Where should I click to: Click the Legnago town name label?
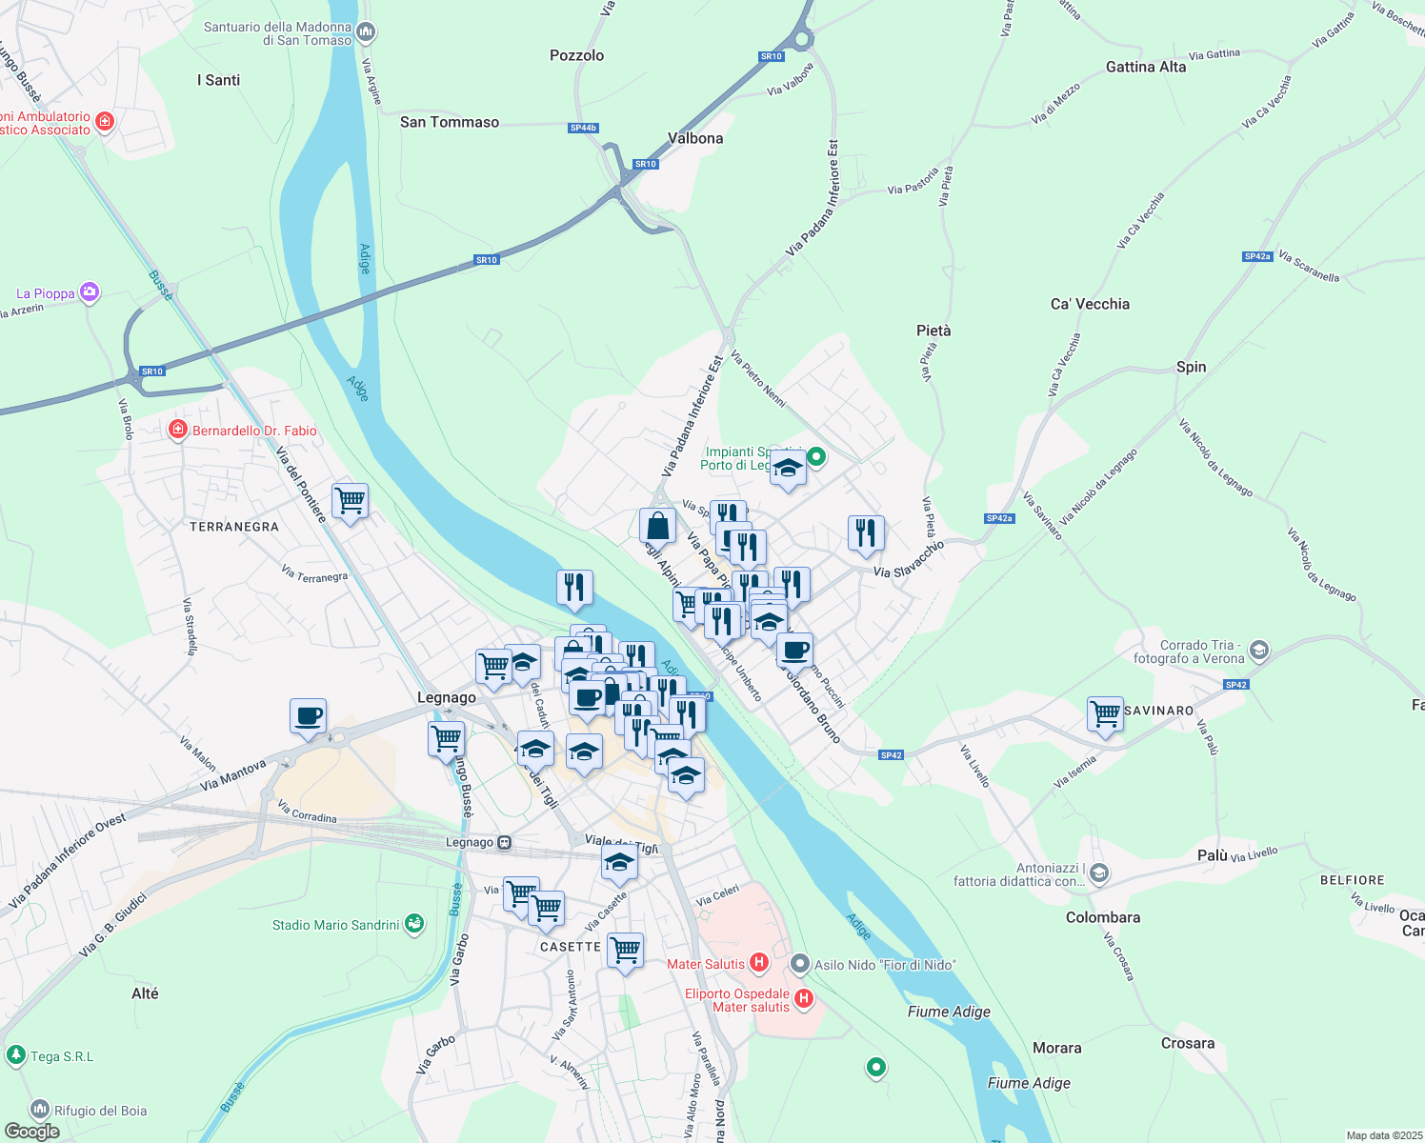[x=446, y=697]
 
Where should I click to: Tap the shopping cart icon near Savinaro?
[x=1105, y=713]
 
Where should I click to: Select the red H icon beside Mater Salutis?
[x=759, y=963]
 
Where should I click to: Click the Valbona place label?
[x=694, y=138]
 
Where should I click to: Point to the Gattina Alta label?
[x=1145, y=67]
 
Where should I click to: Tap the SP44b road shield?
[x=583, y=128]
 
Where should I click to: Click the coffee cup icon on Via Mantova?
[x=308, y=715]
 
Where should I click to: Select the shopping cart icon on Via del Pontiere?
[x=350, y=500]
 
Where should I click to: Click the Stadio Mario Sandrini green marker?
[x=413, y=923]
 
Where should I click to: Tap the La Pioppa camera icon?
[x=90, y=292]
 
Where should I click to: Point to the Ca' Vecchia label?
[x=1090, y=304]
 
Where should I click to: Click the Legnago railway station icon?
[x=504, y=843]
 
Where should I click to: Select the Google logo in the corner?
[x=31, y=1131]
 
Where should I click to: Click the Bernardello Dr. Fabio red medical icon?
[x=177, y=431]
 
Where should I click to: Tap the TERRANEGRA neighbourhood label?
[x=234, y=527]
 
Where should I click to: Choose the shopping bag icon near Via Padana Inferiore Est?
[x=657, y=525]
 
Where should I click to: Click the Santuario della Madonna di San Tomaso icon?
[x=366, y=33]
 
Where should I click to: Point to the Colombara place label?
[x=1102, y=917]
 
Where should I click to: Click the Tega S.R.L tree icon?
[x=15, y=1055]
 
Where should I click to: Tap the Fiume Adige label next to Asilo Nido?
[x=949, y=1012]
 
